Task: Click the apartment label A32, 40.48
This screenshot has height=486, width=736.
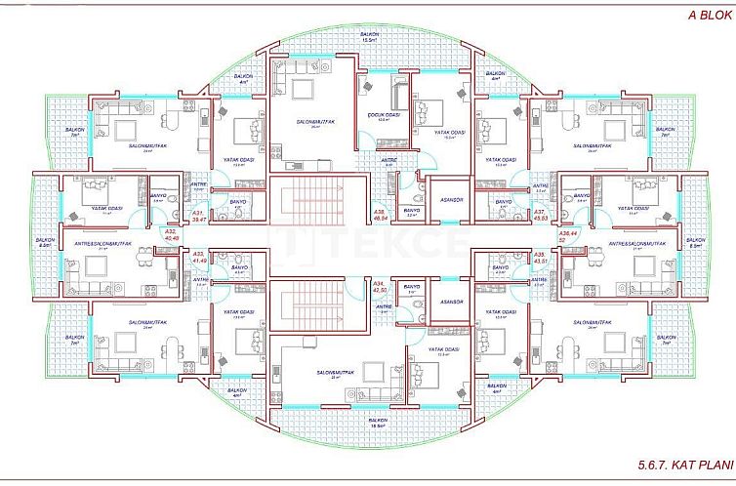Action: [172, 234]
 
